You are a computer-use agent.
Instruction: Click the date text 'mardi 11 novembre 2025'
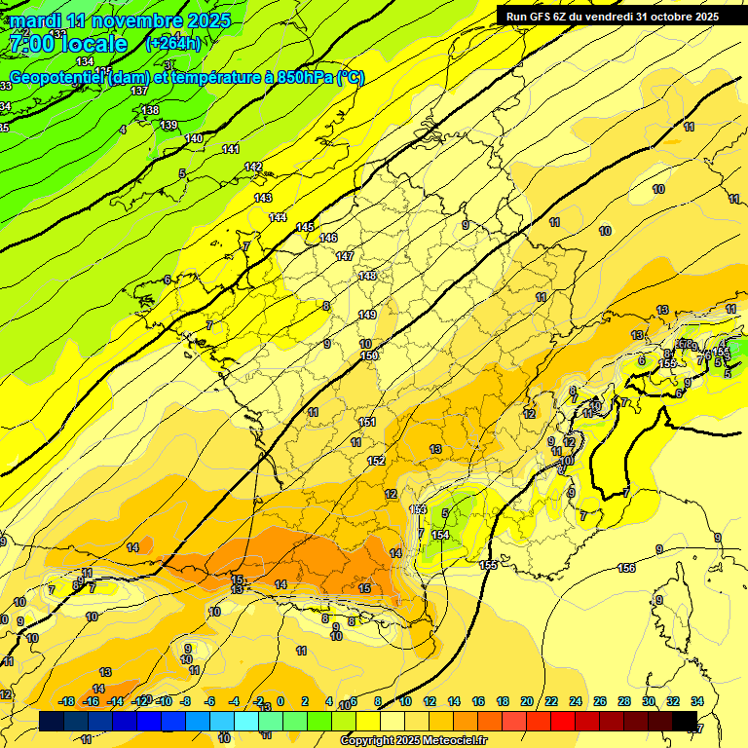click(x=121, y=20)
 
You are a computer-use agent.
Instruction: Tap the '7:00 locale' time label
click(x=68, y=44)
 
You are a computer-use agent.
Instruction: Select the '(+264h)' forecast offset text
click(x=173, y=43)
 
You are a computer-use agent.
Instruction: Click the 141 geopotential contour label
click(x=231, y=149)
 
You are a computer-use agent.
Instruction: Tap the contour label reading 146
click(x=328, y=238)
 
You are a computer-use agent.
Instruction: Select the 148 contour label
click(x=367, y=276)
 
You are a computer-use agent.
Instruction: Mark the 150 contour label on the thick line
click(x=369, y=356)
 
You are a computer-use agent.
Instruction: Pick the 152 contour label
click(x=376, y=461)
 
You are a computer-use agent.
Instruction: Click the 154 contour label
click(x=440, y=535)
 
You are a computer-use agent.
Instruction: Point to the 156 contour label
click(x=627, y=568)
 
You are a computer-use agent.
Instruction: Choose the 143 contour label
click(x=263, y=198)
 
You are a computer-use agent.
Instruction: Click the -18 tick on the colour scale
click(x=67, y=701)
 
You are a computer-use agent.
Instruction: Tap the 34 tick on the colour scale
click(x=696, y=701)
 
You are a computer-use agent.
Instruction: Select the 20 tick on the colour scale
click(x=527, y=701)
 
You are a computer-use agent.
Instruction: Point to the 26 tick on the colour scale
click(x=599, y=701)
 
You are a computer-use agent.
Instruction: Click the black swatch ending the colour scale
click(x=685, y=721)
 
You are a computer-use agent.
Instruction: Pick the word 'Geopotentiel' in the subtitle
click(x=57, y=77)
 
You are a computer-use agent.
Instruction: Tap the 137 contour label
click(x=139, y=91)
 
